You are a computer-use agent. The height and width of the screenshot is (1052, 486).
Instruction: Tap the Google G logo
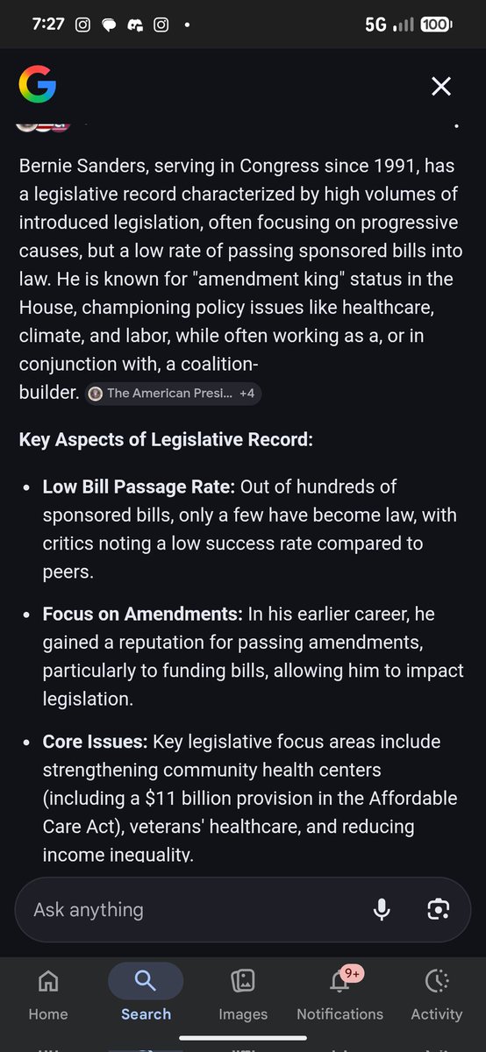37,85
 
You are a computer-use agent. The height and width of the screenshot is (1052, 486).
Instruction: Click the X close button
441,86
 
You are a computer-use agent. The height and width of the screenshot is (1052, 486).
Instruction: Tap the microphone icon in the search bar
382,909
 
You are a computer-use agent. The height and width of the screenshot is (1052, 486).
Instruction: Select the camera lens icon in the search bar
438,909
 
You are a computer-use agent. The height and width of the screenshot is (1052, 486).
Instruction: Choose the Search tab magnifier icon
146,980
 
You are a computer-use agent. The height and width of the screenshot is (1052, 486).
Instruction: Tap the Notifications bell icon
339,981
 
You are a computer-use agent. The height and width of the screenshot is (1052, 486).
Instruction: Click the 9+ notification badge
353,972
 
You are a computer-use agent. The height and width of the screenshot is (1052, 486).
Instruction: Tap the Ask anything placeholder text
88,909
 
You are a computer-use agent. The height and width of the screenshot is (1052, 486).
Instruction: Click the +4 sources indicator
247,394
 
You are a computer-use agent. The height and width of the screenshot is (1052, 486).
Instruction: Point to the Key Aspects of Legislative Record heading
166,439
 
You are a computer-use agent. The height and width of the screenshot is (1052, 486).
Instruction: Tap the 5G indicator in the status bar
375,25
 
